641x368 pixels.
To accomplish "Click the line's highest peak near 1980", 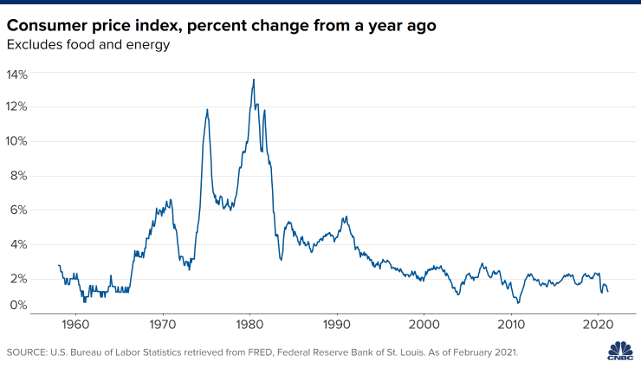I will pos(254,80).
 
